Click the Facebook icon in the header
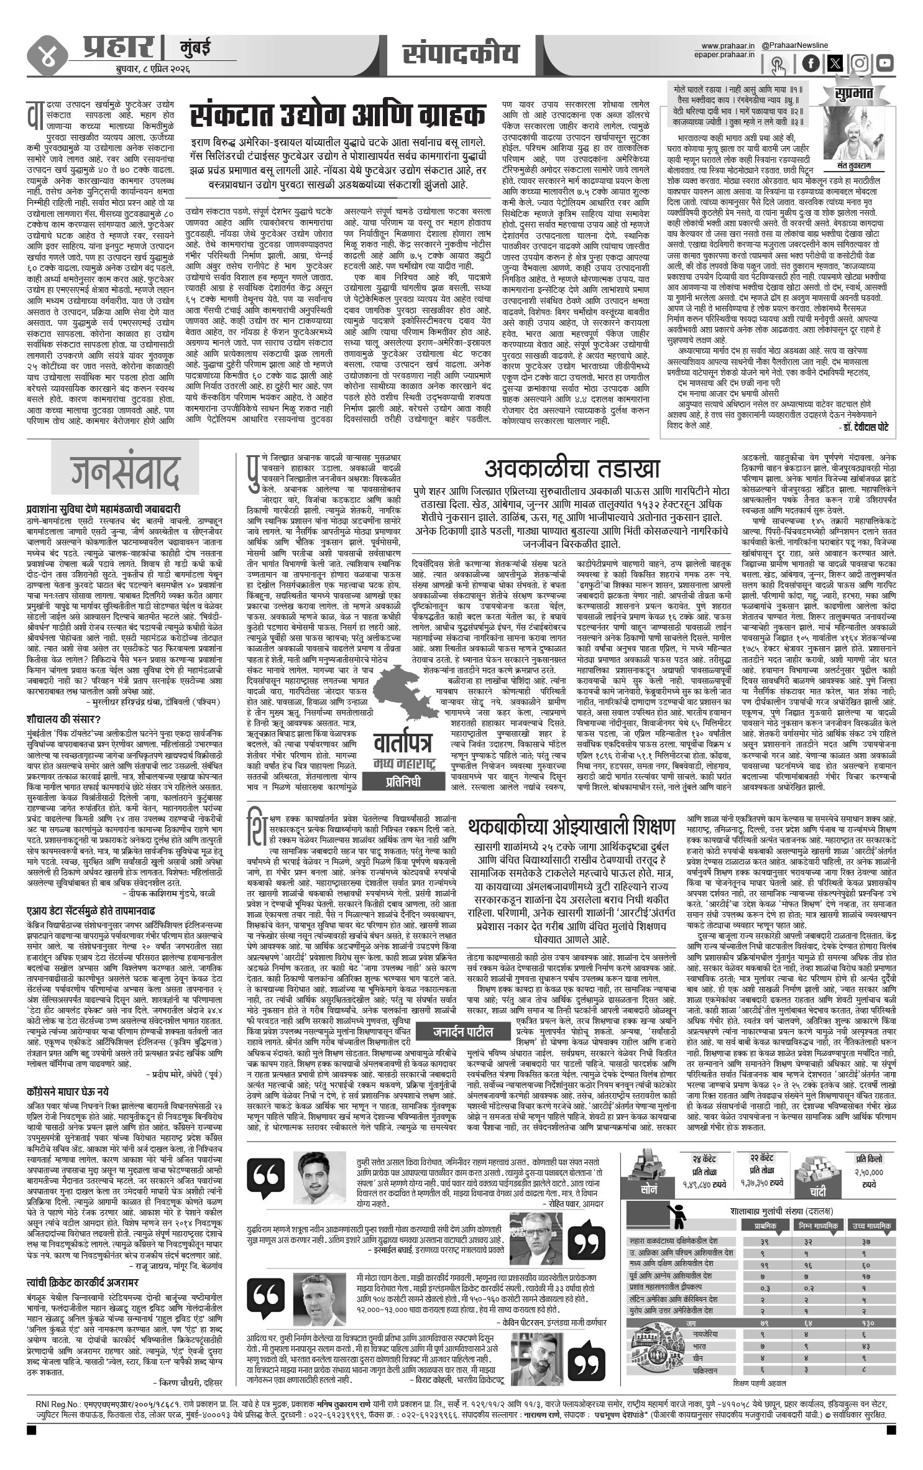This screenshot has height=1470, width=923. [812, 63]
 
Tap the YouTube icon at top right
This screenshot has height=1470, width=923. [885, 63]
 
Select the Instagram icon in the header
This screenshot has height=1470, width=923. [860, 63]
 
